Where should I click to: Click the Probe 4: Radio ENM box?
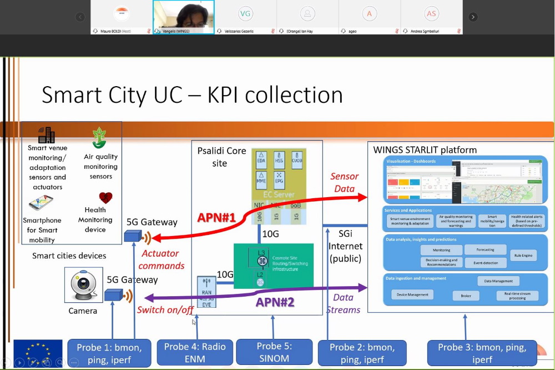(x=195, y=353)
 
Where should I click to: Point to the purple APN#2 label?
(x=275, y=303)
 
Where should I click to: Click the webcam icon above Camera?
(x=83, y=286)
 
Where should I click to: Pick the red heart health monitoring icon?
(x=105, y=198)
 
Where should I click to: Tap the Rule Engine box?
(x=523, y=256)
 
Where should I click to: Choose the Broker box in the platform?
(x=466, y=296)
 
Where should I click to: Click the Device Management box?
(x=412, y=294)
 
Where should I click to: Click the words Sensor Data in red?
(x=345, y=182)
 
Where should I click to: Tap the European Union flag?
(x=38, y=353)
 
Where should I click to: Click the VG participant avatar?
(x=245, y=13)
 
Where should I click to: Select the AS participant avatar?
(x=431, y=13)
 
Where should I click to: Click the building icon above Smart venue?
(x=47, y=135)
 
